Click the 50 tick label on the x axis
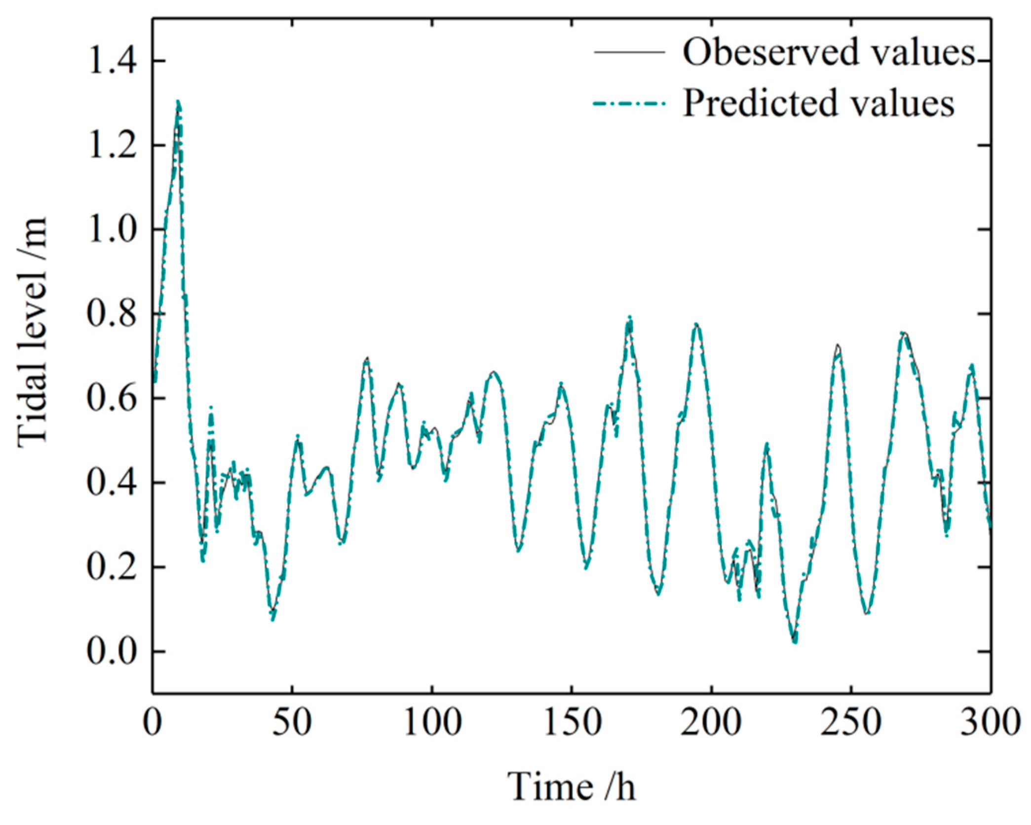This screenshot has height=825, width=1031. pos(292,722)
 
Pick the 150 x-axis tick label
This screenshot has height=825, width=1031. pos(572,722)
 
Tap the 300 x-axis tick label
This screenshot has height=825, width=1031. pos(990,722)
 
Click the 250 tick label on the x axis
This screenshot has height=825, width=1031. pos(851,722)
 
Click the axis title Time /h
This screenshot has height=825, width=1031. pos(572,787)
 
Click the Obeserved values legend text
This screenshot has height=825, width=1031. pos(829,52)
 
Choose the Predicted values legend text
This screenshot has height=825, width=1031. pos(818,104)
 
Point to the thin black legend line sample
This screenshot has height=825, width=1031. pos(629,52)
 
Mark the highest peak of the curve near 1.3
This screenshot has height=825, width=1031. pos(178,103)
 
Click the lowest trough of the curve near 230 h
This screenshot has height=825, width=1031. pos(795,641)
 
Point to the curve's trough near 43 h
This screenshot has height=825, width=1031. pos(273,618)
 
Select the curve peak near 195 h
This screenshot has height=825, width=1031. pos(696,325)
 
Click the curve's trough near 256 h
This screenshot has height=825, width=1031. pos(867,613)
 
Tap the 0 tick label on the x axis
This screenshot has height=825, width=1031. pos(153,722)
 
